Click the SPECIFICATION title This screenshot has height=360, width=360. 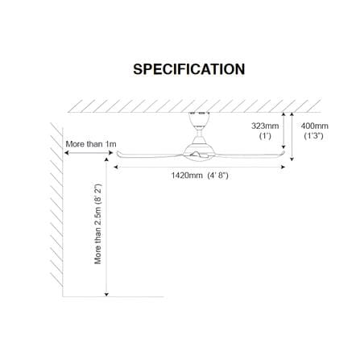pyautogui.click(x=189, y=69)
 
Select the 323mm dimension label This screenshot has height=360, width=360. pyautogui.click(x=265, y=126)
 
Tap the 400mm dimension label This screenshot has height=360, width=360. pyautogui.click(x=314, y=126)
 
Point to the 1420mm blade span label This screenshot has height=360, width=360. pyautogui.click(x=187, y=176)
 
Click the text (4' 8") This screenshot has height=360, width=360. pyautogui.click(x=217, y=176)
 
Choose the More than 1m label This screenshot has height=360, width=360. pyautogui.click(x=91, y=144)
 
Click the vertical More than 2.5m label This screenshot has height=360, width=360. pyautogui.click(x=98, y=224)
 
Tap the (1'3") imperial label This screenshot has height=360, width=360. pyautogui.click(x=313, y=136)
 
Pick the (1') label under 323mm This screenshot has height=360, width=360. pyautogui.click(x=265, y=136)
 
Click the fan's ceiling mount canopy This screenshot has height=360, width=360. pyautogui.click(x=199, y=119)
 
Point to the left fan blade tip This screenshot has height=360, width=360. pyautogui.click(x=118, y=154)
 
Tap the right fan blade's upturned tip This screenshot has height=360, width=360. pyautogui.click(x=283, y=153)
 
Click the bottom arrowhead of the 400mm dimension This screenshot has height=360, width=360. pyautogui.click(x=292, y=159)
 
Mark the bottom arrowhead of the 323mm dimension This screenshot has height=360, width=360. pyautogui.click(x=283, y=147)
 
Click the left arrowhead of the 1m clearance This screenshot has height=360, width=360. pyautogui.click(x=66, y=153)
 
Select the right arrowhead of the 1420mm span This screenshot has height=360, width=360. pyautogui.click(x=283, y=168)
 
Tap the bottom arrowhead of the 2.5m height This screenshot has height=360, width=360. pyautogui.click(x=106, y=295)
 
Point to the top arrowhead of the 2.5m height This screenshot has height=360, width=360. pyautogui.click(x=106, y=159)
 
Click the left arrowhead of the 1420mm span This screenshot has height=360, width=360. pyautogui.click(x=116, y=168)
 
